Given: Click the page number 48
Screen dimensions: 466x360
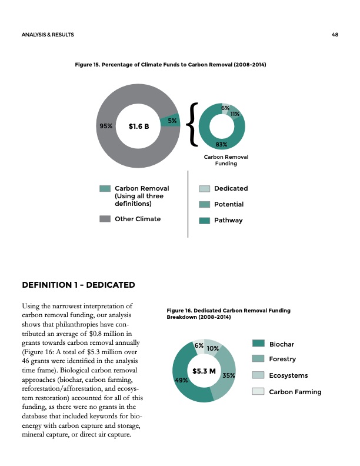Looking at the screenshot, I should pos(334,35).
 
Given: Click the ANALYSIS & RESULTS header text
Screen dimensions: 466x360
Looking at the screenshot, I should pos(47,35).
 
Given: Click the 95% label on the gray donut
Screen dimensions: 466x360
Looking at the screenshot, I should pos(106,125).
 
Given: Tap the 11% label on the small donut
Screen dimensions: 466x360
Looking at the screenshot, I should pos(234,113).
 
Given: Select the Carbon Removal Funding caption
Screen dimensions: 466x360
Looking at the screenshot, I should pos(226,161).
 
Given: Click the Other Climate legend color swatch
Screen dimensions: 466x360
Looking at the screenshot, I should pos(105,219).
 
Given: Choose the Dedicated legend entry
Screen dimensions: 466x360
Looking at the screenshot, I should pos(231,188).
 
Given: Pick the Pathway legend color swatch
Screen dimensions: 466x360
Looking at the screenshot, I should pos(204,221).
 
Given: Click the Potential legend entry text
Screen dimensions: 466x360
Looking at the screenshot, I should pos(229,204).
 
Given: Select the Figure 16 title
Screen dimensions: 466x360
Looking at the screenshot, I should pos(228,314).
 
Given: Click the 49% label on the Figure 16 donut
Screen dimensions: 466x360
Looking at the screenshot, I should pos(182,380).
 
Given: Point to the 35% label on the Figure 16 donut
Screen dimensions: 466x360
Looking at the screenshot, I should pos(229,375).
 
